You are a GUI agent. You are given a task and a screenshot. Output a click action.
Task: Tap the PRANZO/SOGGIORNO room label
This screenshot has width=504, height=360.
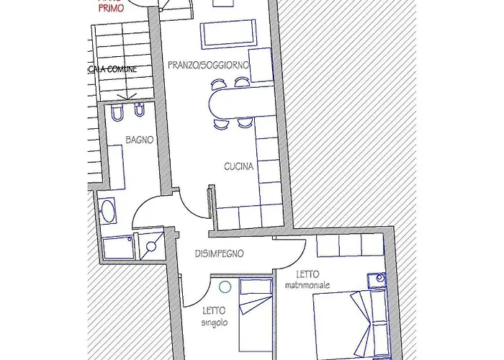(x=209, y=66)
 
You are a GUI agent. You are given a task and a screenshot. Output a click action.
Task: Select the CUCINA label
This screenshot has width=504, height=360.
(x=238, y=166)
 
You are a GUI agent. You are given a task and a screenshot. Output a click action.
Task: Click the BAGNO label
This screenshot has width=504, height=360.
(x=139, y=140)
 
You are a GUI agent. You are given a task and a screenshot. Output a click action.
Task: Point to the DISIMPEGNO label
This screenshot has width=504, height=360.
(x=220, y=254)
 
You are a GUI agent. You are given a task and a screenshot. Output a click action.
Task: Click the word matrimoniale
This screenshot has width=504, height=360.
(x=307, y=285)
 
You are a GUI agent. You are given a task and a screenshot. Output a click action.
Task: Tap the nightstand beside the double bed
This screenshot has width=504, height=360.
(x=376, y=279)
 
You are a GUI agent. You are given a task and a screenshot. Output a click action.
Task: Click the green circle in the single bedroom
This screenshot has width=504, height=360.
(x=225, y=287)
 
